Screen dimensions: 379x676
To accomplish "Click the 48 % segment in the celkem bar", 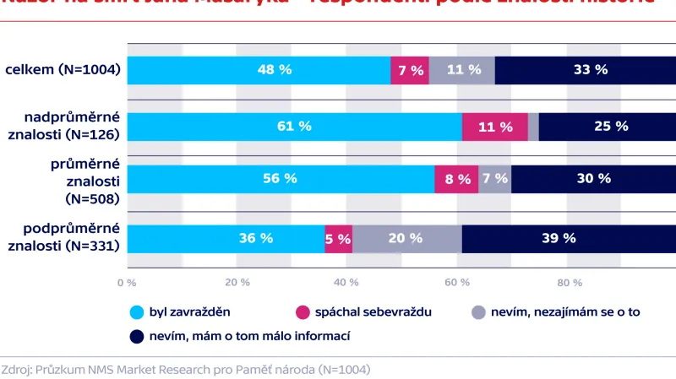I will point(259,70).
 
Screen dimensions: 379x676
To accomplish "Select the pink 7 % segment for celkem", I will point(410,70).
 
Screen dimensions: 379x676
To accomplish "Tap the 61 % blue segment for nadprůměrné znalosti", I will point(294,127).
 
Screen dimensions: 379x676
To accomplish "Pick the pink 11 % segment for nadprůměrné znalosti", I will point(494,127).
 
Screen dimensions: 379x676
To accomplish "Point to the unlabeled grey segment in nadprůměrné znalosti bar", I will point(533,127).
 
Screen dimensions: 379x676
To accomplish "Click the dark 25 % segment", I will point(607,127).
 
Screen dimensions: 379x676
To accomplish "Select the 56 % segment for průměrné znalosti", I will point(281,179).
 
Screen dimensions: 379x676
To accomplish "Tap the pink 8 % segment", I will point(456,179).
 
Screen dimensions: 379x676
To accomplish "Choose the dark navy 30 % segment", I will point(593,179).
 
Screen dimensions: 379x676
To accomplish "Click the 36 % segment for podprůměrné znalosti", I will point(226,239).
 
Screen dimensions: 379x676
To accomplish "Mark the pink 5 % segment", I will point(338,239).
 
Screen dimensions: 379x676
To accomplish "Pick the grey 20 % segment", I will point(406,239).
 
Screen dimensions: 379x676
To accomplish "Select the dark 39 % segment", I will point(569,239).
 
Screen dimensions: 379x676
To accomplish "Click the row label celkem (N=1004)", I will point(63,70).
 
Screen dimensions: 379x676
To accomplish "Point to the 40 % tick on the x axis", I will point(346,282).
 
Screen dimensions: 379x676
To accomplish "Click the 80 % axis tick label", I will point(569,282).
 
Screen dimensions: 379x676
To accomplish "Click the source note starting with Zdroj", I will point(186,369).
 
